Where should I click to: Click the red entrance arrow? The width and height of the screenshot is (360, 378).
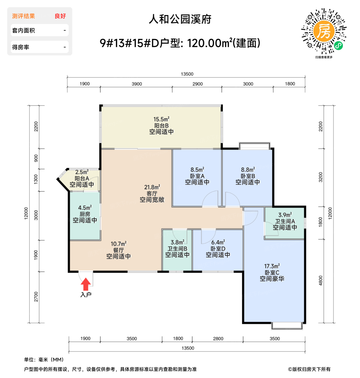pos(86,284)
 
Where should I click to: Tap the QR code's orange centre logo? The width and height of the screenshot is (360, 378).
pos(324,31)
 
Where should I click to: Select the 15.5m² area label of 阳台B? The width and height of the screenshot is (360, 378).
pos(161,119)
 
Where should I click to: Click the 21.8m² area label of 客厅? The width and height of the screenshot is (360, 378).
pos(152,187)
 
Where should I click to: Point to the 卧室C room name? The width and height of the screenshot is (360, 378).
pos(272,272)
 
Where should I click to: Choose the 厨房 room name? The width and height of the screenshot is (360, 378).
pos(85,214)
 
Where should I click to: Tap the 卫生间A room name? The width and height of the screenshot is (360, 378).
pos(285,221)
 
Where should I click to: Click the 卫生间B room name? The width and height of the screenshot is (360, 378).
pos(177,249)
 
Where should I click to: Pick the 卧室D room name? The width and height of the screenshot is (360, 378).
pos(218,249)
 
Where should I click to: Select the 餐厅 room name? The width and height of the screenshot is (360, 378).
pos(118,250)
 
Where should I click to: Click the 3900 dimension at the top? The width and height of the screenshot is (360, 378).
pos(137,84)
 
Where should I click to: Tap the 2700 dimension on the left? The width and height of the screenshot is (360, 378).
pos(36,297)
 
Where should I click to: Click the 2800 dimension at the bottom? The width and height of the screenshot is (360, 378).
pos(218,339)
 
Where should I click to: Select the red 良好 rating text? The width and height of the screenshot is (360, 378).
pos(60,16)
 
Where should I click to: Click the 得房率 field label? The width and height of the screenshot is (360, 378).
pos(21,47)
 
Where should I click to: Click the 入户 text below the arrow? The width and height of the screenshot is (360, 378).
pos(86,295)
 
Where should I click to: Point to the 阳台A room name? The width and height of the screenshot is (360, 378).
pos(82,178)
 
